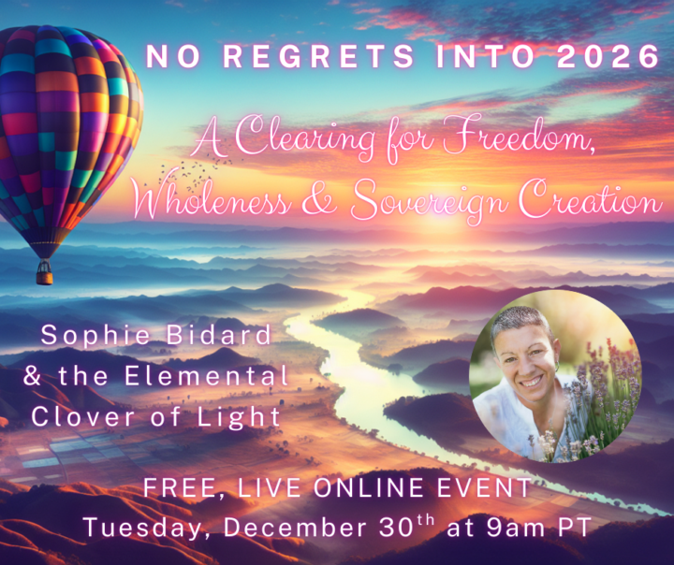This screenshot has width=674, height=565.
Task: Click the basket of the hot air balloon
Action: tap(44, 272)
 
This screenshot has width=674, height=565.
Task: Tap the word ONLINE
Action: tap(359, 488)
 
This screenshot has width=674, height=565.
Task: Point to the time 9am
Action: tap(502, 528)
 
